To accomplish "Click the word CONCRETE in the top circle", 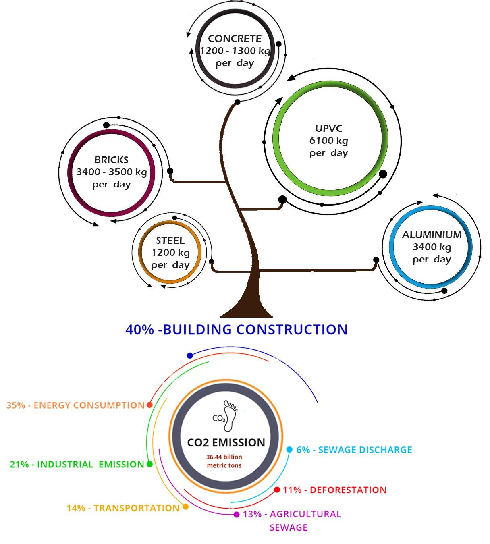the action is [235, 39].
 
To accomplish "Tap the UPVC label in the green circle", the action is [328, 129].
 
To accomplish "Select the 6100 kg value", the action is [328, 141].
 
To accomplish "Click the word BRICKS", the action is [112, 160].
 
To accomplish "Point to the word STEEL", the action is [170, 241].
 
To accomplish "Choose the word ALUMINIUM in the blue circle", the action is [432, 235].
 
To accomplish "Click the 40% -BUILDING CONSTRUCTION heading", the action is [237, 330].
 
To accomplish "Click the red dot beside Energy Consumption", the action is [150, 405].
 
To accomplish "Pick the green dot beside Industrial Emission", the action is [149, 464].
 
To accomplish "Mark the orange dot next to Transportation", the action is [185, 507].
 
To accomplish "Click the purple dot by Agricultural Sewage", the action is [237, 515].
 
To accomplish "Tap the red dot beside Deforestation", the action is [277, 490].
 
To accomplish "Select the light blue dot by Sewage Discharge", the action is [289, 450].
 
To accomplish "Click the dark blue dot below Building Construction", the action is [190, 355].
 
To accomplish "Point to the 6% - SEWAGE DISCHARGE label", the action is [354, 450].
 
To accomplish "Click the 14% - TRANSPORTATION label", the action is [123, 508].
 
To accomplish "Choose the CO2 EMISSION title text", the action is [226, 442].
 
